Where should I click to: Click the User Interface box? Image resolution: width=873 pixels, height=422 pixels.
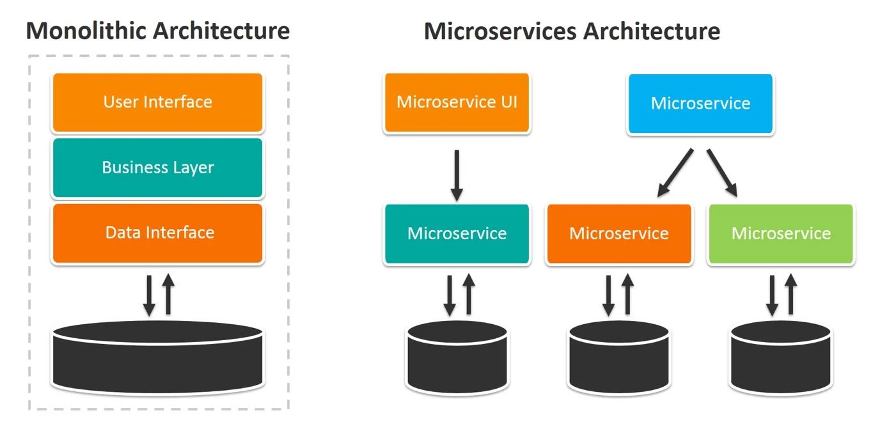coord(157,102)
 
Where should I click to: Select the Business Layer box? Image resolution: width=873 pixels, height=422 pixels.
coord(157,168)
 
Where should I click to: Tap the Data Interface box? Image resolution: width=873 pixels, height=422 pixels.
coord(157,233)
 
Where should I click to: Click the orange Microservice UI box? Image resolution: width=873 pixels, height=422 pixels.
coord(457,102)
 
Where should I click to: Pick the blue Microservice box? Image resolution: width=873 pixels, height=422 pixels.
coord(700,104)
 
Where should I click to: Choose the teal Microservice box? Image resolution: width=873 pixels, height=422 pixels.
coord(457,233)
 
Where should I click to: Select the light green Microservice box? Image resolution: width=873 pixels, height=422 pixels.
coord(781,233)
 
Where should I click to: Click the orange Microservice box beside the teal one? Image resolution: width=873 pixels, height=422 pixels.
coord(618,233)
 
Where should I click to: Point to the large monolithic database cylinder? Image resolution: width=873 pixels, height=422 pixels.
coord(157,358)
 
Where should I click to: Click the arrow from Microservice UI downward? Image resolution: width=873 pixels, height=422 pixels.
coord(457,176)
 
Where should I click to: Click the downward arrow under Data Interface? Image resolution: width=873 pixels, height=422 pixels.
coord(149,295)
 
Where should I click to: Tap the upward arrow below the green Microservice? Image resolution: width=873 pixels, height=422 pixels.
coord(791,293)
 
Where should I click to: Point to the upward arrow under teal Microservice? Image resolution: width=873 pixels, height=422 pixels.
coord(468,293)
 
